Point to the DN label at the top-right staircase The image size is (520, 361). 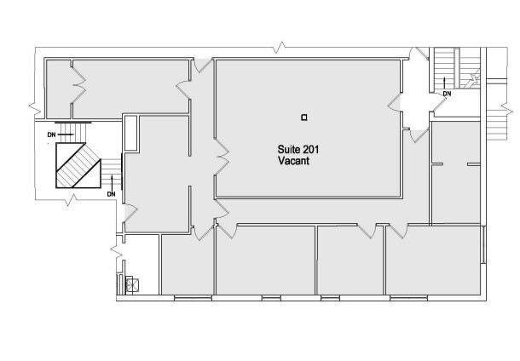click(447, 92)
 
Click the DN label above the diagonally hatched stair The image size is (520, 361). click(51, 134)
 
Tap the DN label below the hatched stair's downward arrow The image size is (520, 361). click(111, 193)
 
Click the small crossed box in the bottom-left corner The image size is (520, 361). click(131, 285)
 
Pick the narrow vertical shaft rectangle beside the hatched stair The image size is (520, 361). click(130, 132)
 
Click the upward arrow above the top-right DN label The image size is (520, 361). click(446, 81)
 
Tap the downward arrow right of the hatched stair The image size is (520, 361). click(111, 180)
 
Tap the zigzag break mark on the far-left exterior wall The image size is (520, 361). click(35, 107)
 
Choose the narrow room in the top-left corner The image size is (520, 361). click(58, 87)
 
